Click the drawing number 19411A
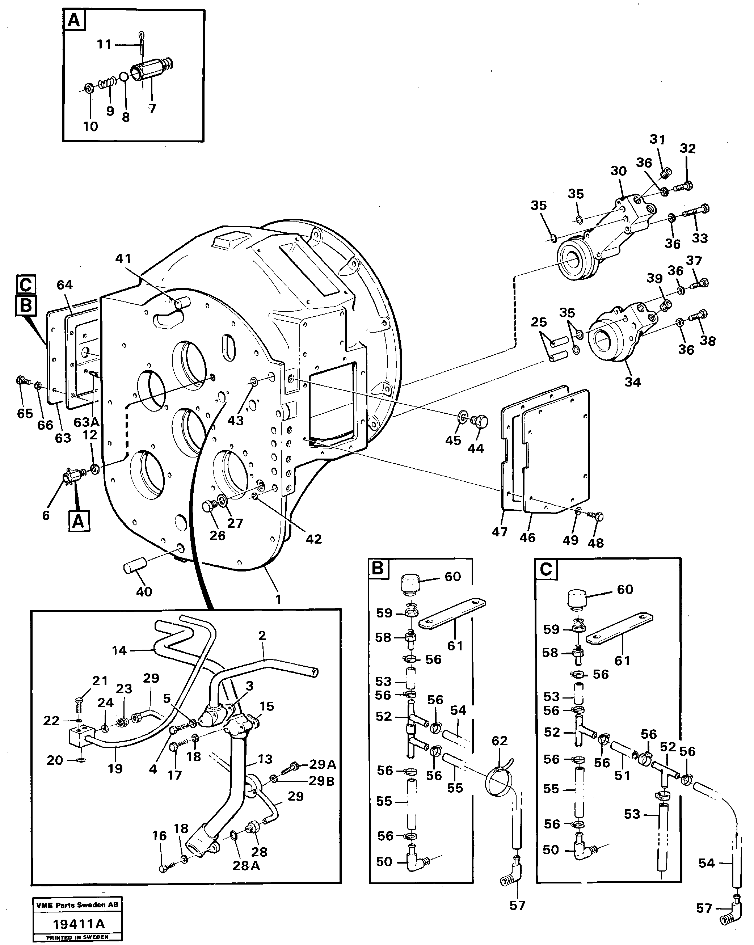(79, 924)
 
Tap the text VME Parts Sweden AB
(77, 905)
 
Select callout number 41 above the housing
(123, 259)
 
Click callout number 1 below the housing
(278, 599)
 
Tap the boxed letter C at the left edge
(25, 285)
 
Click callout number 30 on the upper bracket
(618, 171)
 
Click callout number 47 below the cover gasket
(499, 532)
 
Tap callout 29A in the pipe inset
(322, 765)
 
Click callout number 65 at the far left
(25, 413)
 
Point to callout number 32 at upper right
(687, 149)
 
